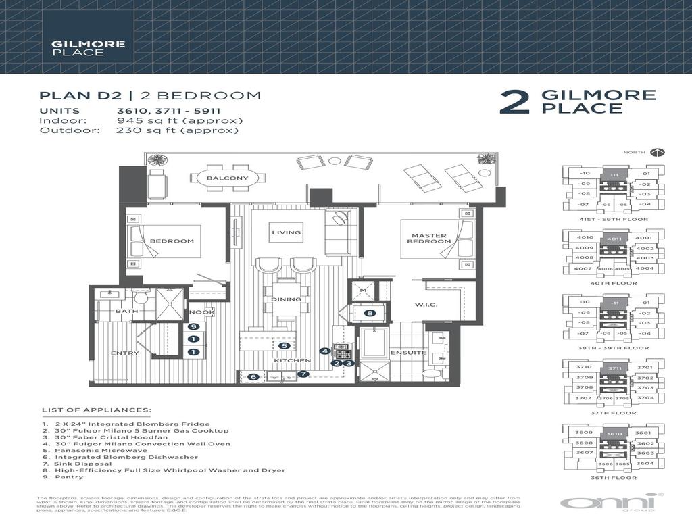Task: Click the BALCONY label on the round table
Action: (223, 179)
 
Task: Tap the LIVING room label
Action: (286, 233)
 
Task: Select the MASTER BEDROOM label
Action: (422, 239)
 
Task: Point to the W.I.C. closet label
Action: (426, 305)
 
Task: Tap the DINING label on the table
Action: (282, 299)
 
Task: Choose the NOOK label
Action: (201, 312)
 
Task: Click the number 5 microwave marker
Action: (285, 346)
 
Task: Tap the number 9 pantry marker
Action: (193, 327)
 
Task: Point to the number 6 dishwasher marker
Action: (254, 377)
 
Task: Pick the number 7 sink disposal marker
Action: (303, 374)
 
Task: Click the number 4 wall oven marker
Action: (325, 351)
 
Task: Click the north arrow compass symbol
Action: (659, 153)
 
